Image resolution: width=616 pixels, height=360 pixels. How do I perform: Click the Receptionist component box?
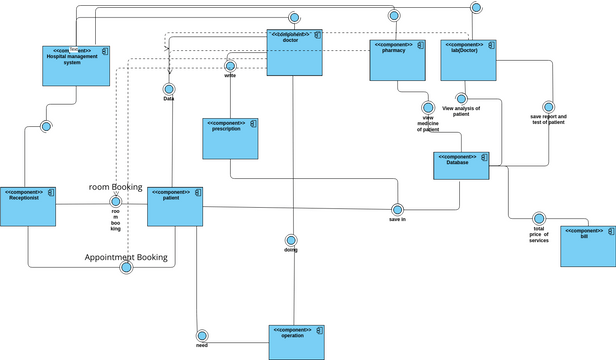(x=28, y=211)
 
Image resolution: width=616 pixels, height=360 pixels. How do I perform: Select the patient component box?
(x=176, y=211)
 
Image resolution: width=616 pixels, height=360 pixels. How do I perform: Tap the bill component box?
(x=588, y=246)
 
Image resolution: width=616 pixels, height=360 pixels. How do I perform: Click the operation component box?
(x=297, y=342)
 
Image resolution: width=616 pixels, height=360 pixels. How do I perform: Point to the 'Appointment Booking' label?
(x=126, y=257)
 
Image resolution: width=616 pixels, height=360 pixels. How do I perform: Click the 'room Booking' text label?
(x=116, y=187)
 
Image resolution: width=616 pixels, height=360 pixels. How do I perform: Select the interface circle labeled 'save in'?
(x=397, y=209)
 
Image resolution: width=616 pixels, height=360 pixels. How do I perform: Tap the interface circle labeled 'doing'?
(x=291, y=240)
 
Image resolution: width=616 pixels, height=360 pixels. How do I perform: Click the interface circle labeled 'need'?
(x=202, y=335)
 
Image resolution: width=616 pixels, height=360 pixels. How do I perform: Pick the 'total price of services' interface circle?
(x=539, y=218)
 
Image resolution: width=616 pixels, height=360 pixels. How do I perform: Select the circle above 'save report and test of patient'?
(x=547, y=106)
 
